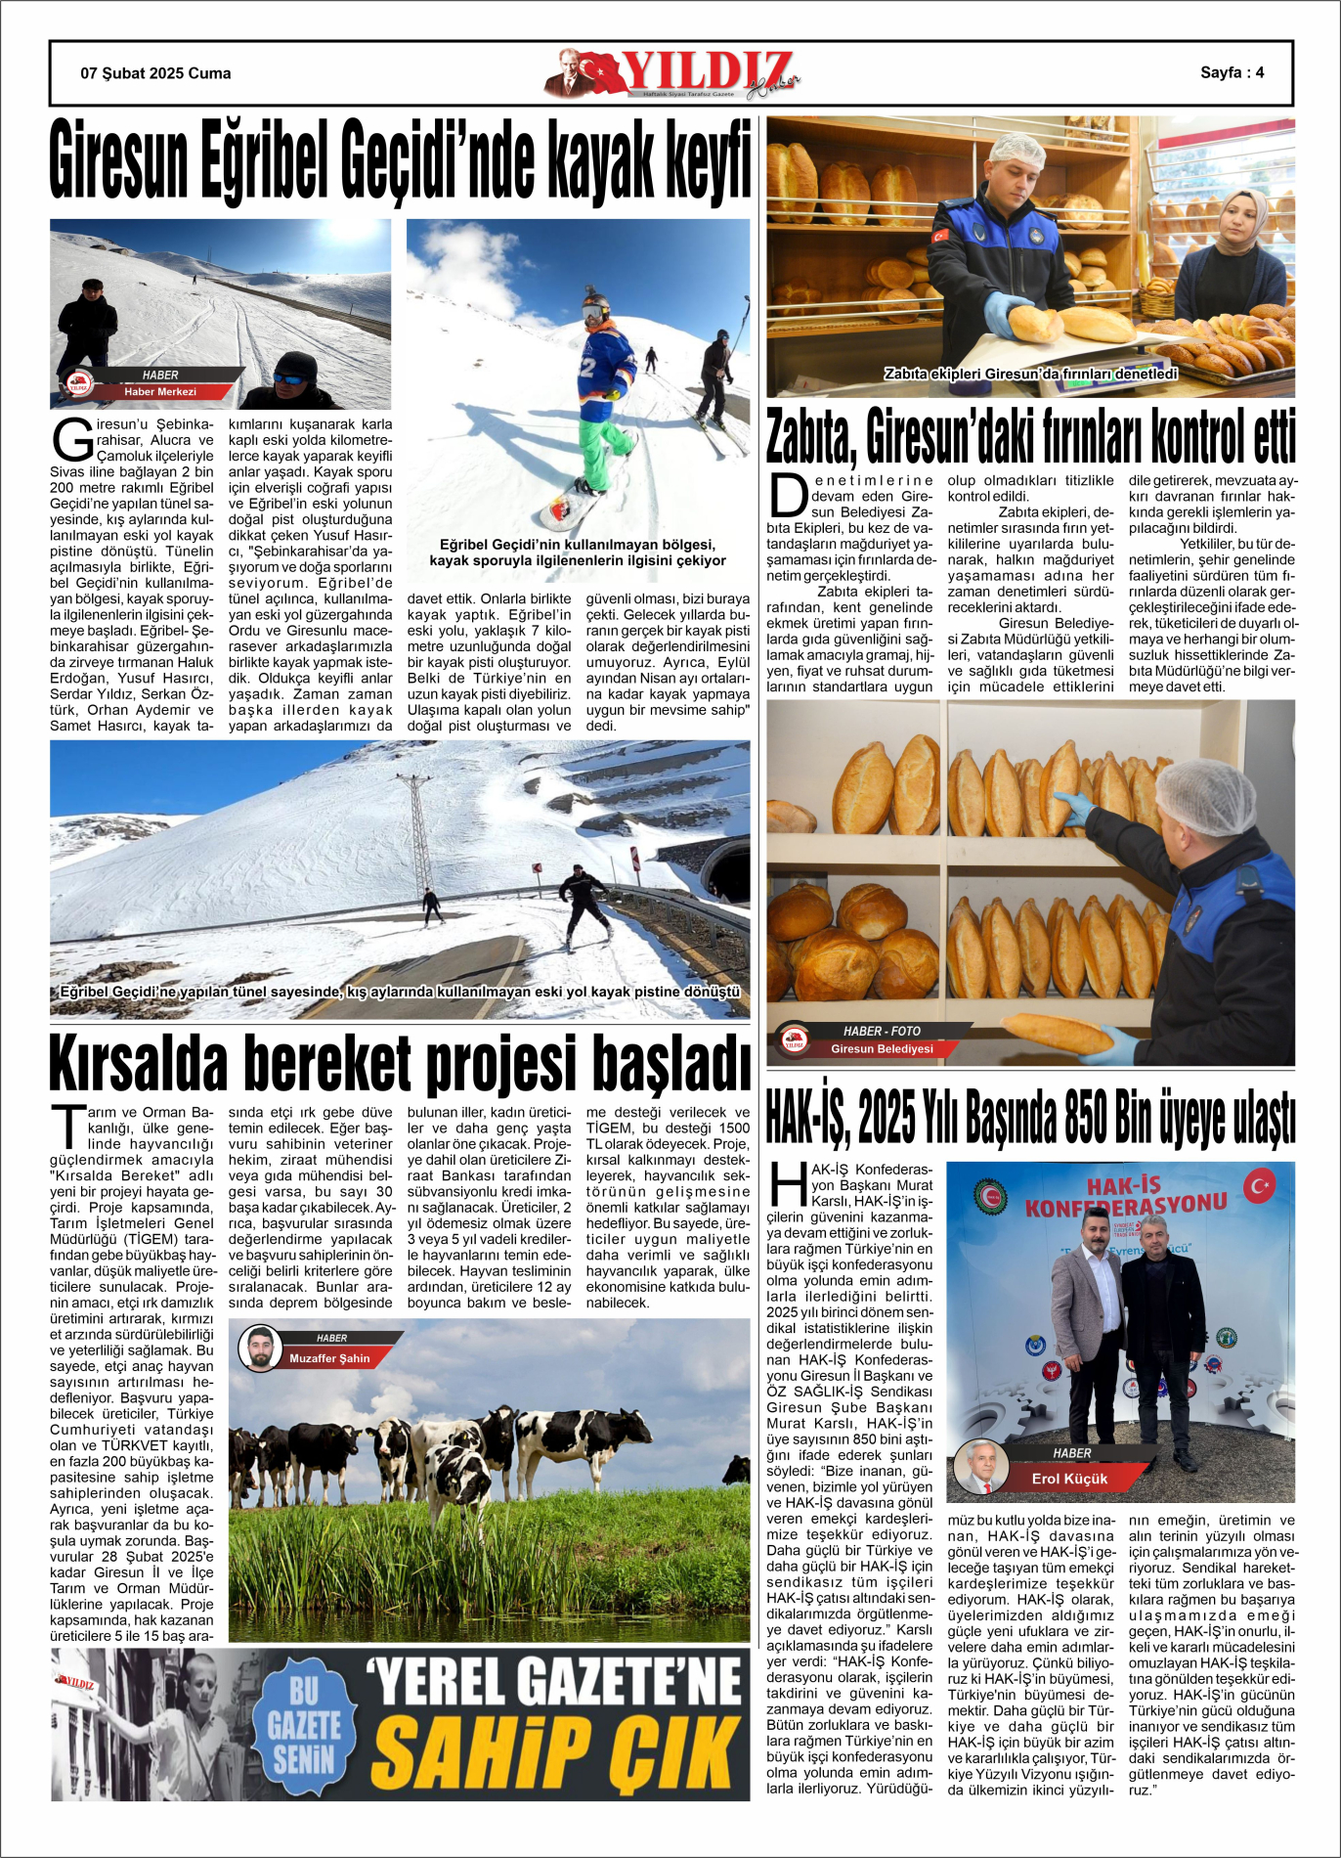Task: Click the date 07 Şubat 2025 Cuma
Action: pos(155,73)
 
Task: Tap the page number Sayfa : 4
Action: pos(1232,72)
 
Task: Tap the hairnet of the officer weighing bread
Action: pos(1018,150)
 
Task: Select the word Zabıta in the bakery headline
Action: pos(810,437)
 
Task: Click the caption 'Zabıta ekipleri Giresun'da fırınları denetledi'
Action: pos(1030,374)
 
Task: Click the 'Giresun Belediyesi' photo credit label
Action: pos(882,1048)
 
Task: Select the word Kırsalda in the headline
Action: pos(138,1063)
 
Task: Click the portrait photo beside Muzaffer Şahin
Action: pos(260,1349)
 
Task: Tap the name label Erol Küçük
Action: pos(1069,1479)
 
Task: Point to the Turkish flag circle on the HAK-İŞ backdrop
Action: pos(1259,1186)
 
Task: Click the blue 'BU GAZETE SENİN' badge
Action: pos(304,1725)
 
